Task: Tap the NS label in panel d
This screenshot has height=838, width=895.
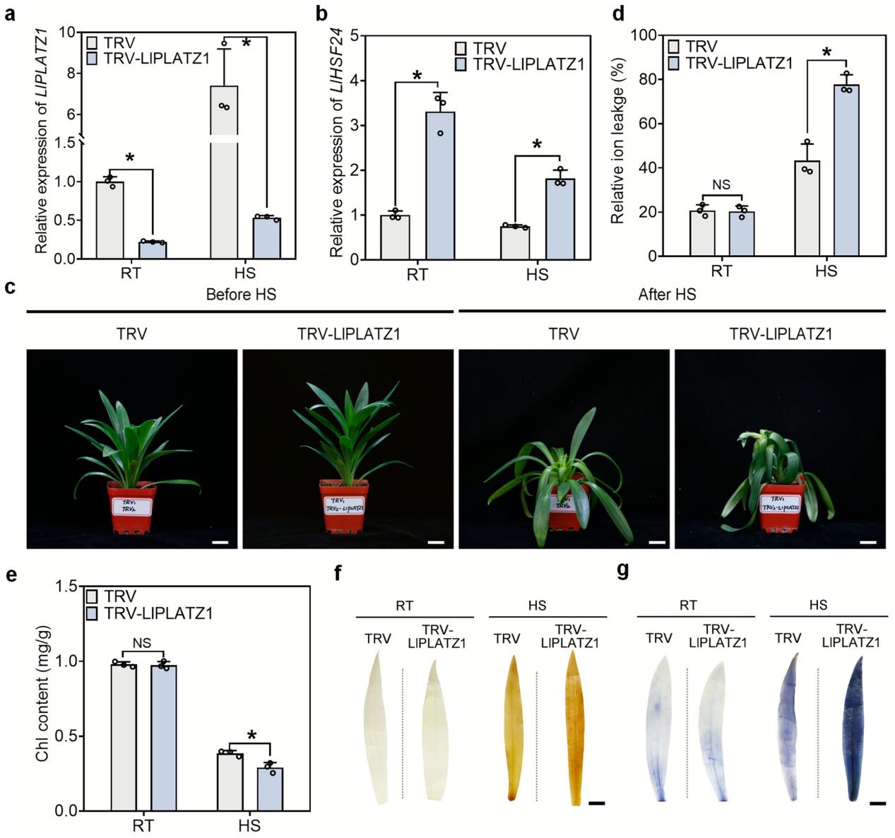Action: click(721, 184)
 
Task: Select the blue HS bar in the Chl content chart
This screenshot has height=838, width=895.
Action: click(269, 789)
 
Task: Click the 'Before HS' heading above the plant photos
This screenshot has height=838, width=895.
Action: click(241, 295)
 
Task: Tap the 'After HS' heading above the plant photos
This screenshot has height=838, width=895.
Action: click(667, 295)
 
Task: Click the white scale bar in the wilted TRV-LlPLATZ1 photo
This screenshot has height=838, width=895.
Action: click(868, 542)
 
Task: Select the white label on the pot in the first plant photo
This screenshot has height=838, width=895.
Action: click(132, 506)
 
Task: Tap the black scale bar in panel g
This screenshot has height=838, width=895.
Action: click(878, 803)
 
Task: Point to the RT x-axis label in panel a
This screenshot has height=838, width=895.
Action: click(131, 273)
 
